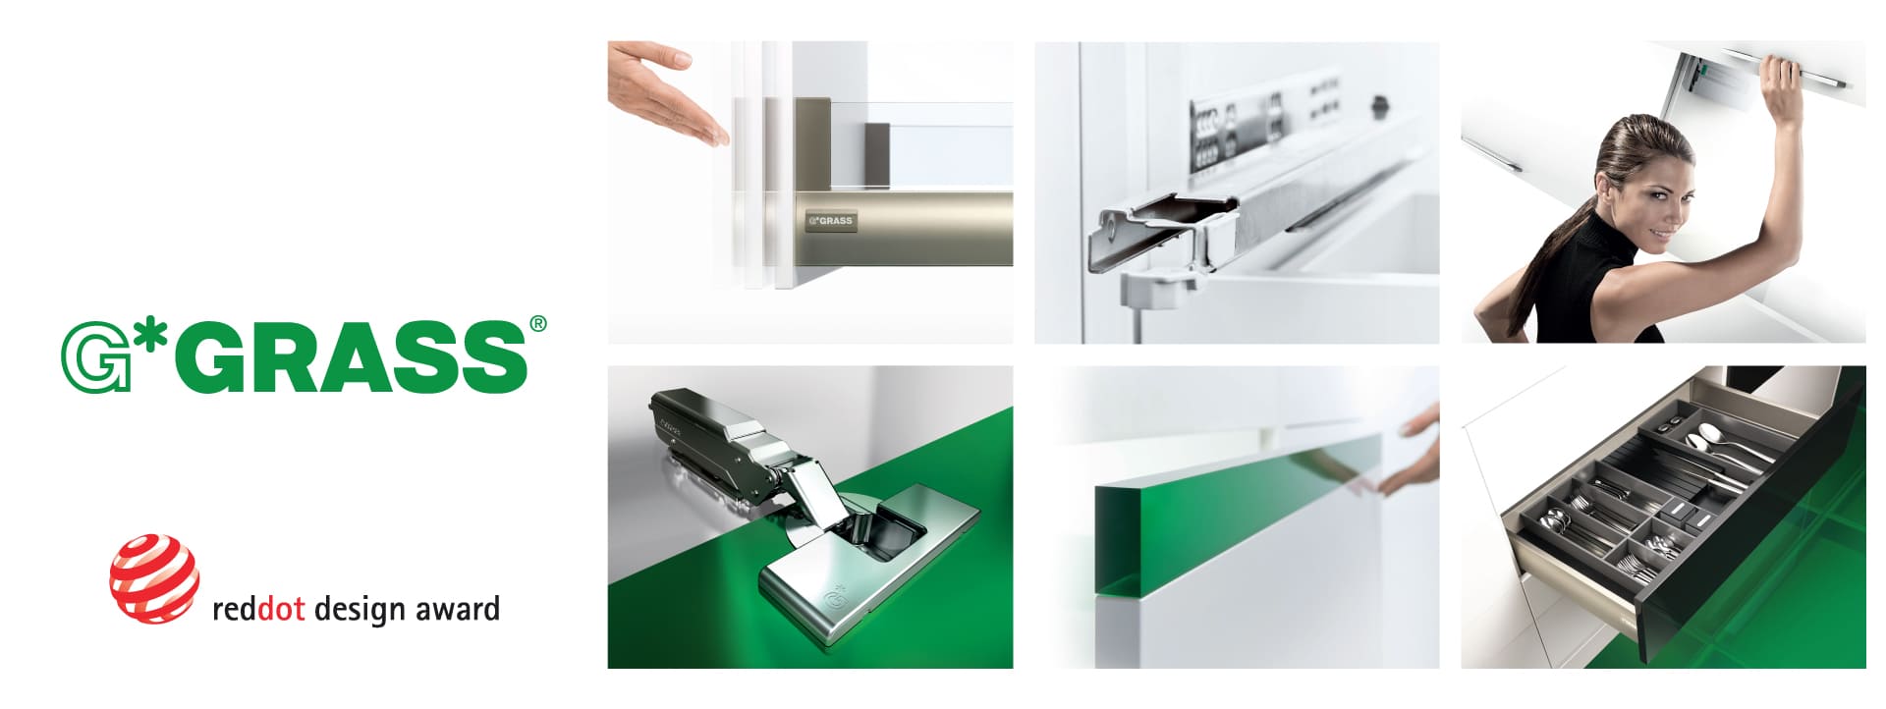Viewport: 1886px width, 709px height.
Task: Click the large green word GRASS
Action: tap(355, 356)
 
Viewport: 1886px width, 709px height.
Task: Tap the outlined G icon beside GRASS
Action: tap(95, 358)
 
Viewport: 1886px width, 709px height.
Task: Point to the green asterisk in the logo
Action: tap(151, 337)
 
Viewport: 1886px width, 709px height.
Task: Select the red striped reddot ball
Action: tap(154, 578)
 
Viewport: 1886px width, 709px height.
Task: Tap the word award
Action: tap(457, 609)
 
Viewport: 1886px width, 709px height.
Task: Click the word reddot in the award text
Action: tap(258, 609)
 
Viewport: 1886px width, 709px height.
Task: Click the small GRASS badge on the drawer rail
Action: tap(831, 221)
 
